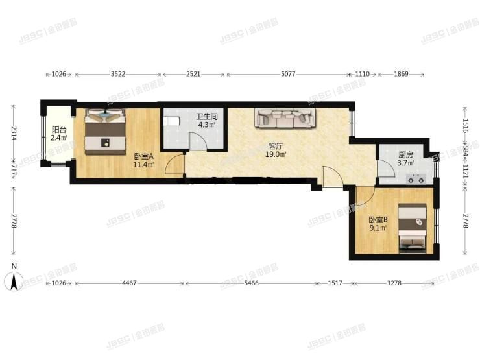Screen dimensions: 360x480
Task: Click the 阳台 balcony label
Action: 57,128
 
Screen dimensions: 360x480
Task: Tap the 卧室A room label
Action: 143,156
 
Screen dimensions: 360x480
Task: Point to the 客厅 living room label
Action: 277,146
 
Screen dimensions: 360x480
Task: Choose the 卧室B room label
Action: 377,219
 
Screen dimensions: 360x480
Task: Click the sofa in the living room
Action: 286,117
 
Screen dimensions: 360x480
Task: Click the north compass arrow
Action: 13,280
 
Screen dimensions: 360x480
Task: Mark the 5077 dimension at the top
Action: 288,75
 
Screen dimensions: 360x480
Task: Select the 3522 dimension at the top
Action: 118,75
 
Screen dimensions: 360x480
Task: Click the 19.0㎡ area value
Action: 277,154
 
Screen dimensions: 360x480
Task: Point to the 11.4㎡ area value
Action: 143,165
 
